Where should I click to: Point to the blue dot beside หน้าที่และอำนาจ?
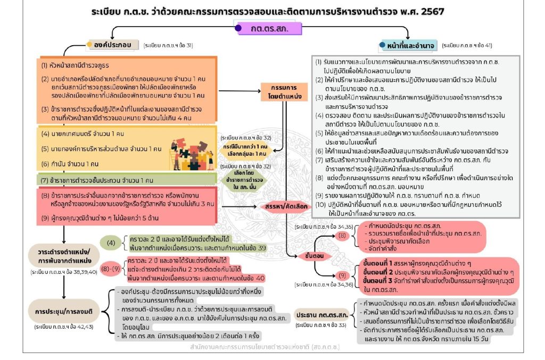coord(382,45)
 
